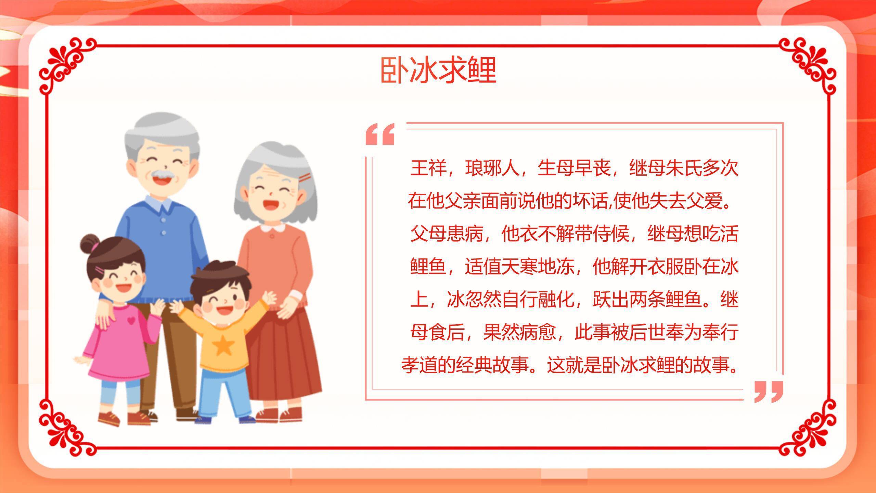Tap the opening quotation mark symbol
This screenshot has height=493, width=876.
pyautogui.click(x=380, y=134)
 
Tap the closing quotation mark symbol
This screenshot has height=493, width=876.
pyautogui.click(x=769, y=391)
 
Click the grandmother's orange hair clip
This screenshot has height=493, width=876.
pyautogui.click(x=304, y=177)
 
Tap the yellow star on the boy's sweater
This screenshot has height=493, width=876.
pyautogui.click(x=223, y=346)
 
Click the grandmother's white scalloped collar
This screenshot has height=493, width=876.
pyautogui.click(x=272, y=228)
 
